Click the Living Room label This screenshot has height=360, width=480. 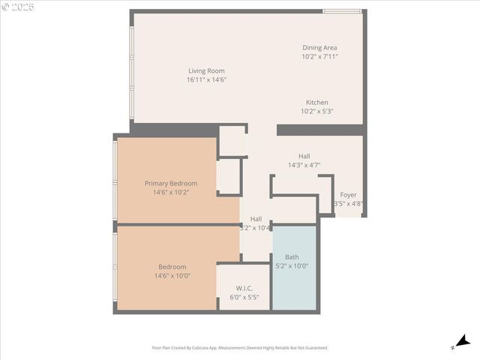206,71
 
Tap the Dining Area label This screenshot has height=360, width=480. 319,47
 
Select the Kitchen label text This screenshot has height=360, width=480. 316,103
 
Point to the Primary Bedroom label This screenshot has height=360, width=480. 171,183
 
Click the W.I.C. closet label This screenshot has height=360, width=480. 244,289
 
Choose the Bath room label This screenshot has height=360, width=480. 292,257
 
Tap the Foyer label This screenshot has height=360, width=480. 348,195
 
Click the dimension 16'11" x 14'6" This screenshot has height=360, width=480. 206,79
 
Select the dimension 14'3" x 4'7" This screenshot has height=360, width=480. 304,165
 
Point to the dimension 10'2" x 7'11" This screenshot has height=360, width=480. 319,56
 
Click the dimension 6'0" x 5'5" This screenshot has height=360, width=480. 244,298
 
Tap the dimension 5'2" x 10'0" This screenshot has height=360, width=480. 292,265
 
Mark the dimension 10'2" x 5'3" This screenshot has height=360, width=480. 316,111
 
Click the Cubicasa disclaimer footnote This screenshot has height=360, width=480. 240,348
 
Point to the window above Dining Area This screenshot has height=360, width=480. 342,11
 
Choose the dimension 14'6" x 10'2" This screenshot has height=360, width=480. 171,192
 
